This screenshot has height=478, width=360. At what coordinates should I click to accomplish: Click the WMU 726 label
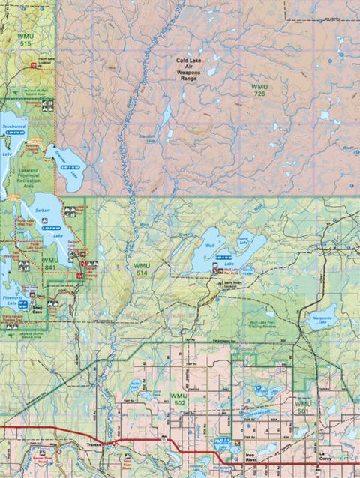(260, 92)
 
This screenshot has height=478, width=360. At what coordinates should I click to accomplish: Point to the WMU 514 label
(142, 270)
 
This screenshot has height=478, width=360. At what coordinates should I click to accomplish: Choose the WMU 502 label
(178, 399)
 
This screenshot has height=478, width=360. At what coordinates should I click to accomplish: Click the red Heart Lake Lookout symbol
(33, 67)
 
